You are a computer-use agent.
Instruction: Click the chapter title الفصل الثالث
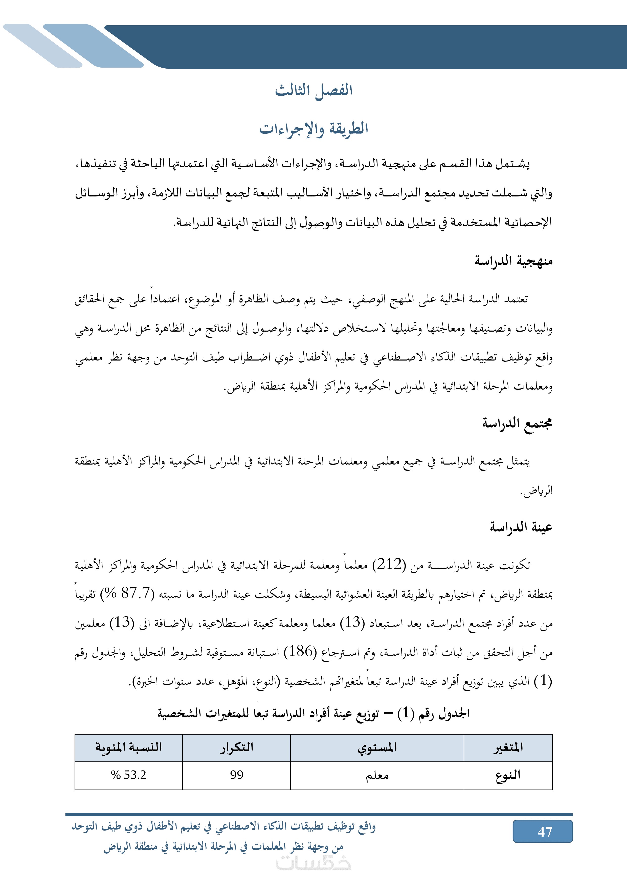(x=314, y=90)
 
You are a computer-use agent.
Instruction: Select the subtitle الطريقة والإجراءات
(x=314, y=129)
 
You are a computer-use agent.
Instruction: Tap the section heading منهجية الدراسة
(x=513, y=261)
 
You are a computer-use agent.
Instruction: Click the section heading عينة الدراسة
(x=521, y=527)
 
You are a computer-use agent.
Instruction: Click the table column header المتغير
(x=508, y=748)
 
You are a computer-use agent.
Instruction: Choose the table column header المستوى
(x=377, y=748)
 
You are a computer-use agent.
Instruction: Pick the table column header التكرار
(x=236, y=748)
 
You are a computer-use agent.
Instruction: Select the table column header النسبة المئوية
(x=129, y=748)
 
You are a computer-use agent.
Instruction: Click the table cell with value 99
(x=236, y=775)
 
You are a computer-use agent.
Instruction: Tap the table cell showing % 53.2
(x=129, y=775)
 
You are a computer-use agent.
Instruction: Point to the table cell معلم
(x=377, y=775)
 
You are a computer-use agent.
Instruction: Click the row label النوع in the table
(x=508, y=775)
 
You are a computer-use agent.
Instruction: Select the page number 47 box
(x=542, y=831)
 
